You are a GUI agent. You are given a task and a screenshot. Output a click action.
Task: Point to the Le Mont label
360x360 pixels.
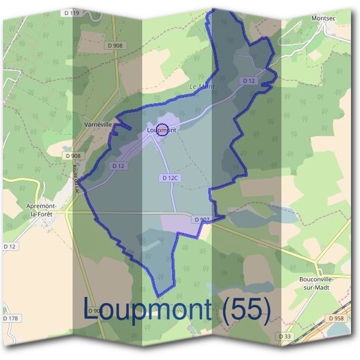coord(202,87)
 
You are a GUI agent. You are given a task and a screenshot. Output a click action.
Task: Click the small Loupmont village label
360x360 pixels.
coord(161,130)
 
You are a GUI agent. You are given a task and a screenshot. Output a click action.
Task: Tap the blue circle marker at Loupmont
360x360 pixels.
coord(162,129)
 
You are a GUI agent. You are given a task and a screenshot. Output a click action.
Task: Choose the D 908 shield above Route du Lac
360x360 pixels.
coord(71,155)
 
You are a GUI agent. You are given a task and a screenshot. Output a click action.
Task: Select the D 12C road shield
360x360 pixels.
coord(170,178)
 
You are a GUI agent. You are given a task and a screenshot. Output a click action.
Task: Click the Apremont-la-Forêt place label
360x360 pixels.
coord(41,208)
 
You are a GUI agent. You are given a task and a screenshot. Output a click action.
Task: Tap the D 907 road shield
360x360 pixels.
coord(202,220)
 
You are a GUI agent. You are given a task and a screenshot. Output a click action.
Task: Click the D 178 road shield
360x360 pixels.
coord(11,317)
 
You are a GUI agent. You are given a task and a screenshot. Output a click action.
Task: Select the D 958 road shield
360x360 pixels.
coord(336,318)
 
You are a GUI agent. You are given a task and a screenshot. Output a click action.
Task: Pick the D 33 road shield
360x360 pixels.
coord(286,337)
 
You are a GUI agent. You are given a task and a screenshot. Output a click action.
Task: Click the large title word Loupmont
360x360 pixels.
coord(147,308)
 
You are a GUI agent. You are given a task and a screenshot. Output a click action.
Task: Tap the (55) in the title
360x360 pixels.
coord(246,308)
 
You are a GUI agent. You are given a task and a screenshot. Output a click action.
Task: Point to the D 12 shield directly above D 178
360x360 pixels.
coord(9,247)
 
